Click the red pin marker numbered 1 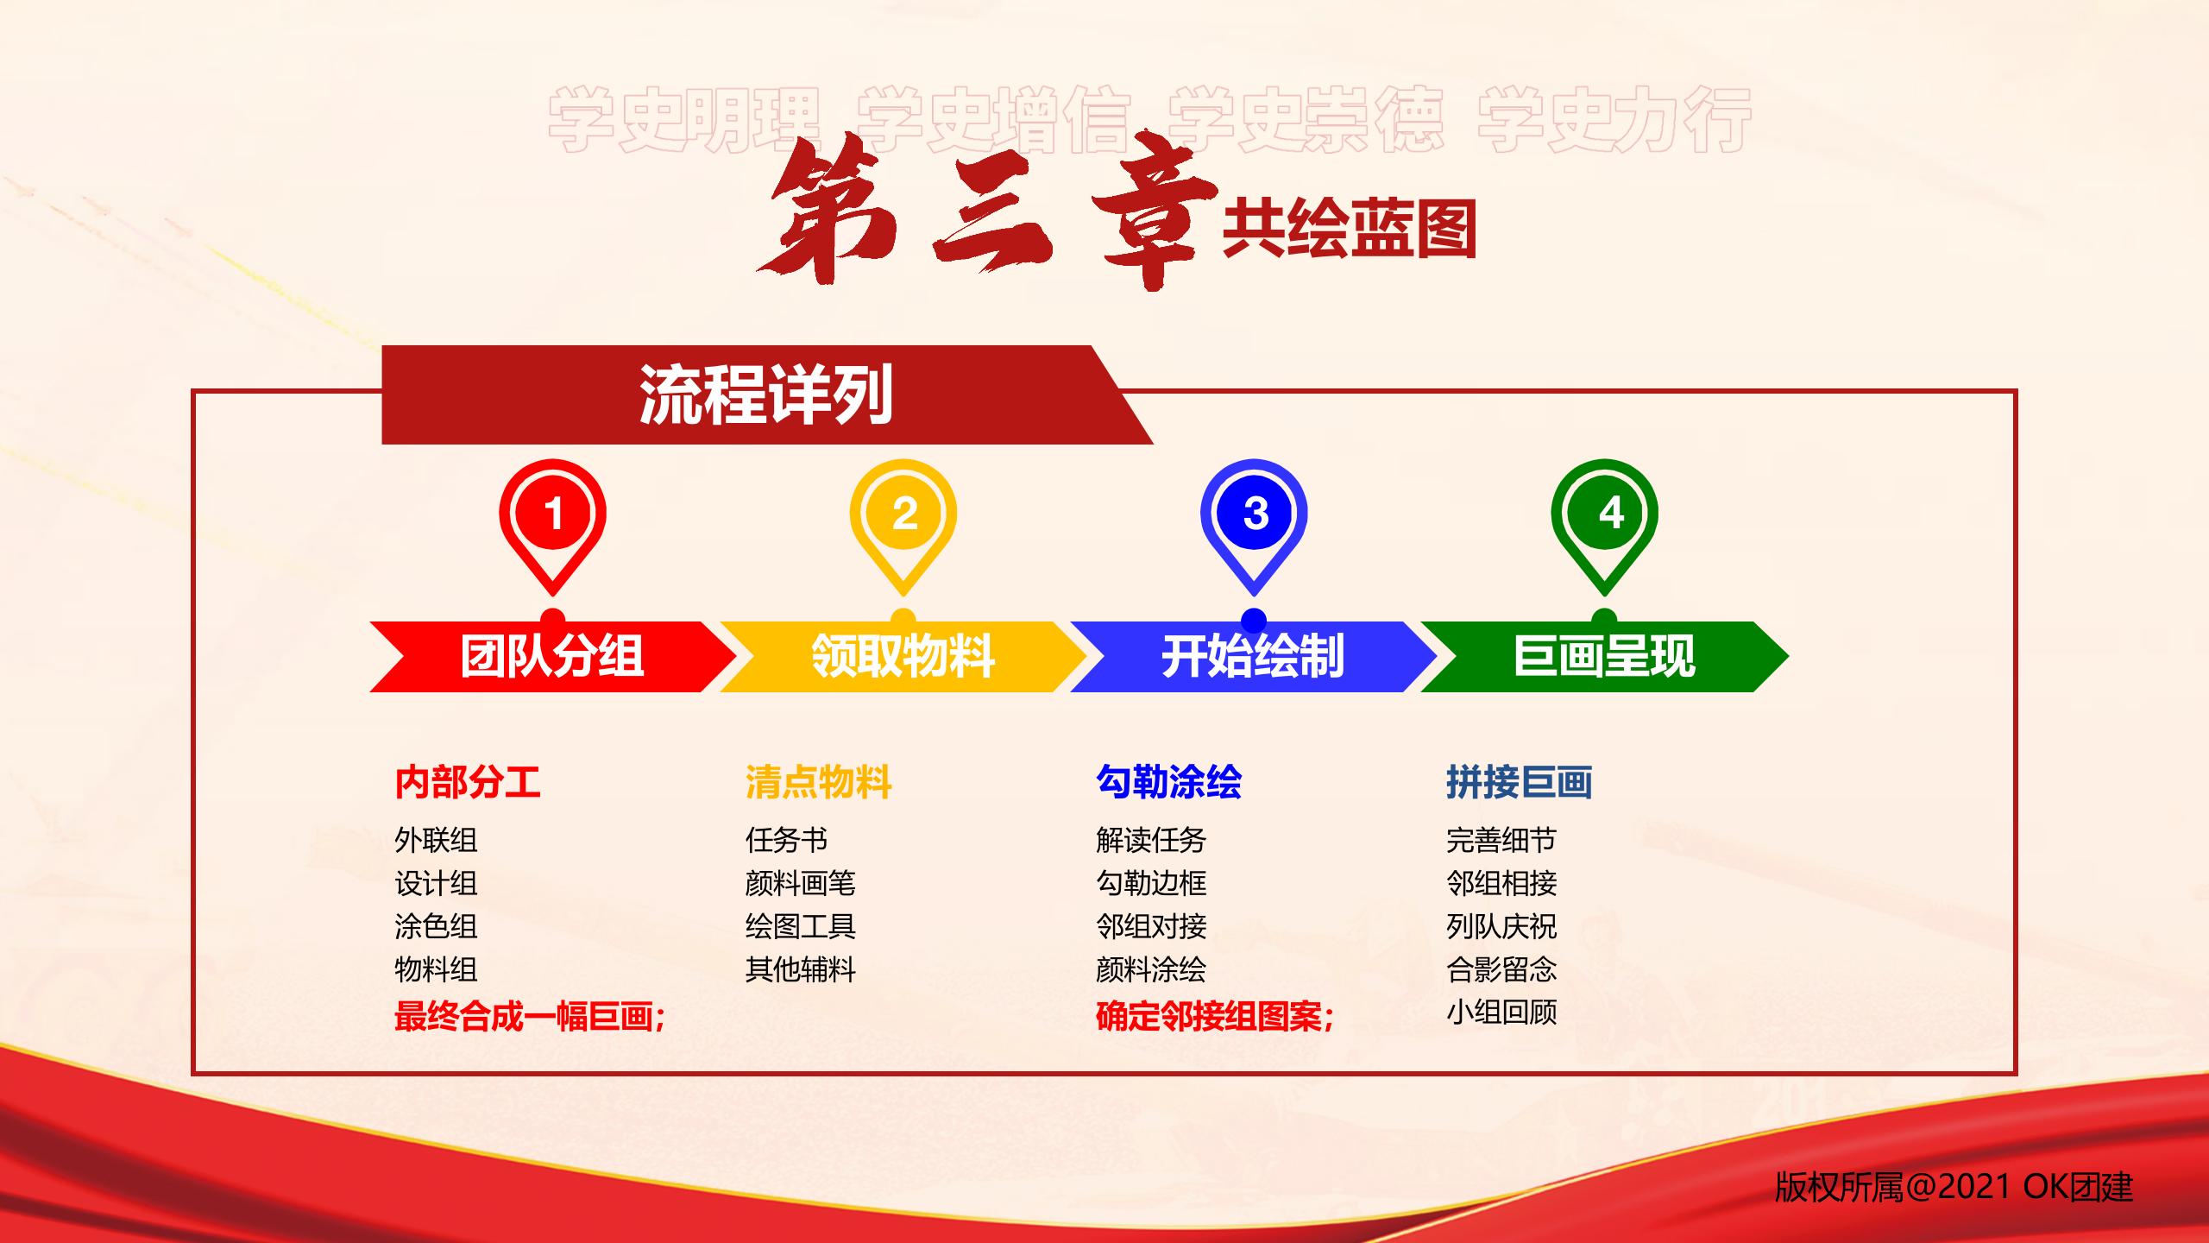click(552, 514)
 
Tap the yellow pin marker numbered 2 click(903, 514)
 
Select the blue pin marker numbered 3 click(1254, 514)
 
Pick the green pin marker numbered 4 click(1604, 514)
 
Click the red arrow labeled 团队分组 click(552, 656)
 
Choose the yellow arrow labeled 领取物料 click(903, 656)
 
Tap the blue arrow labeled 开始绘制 click(1254, 656)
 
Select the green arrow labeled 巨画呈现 click(1604, 656)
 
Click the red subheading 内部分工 click(468, 782)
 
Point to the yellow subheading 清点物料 click(818, 782)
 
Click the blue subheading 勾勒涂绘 click(1168, 782)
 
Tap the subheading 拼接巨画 click(1520, 782)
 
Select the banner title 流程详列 click(766, 394)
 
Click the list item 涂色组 click(436, 926)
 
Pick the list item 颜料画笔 click(801, 883)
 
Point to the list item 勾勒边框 click(1151, 883)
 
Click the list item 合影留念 click(1501, 969)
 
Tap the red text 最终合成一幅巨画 click(524, 1017)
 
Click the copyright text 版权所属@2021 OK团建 click(1954, 1188)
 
